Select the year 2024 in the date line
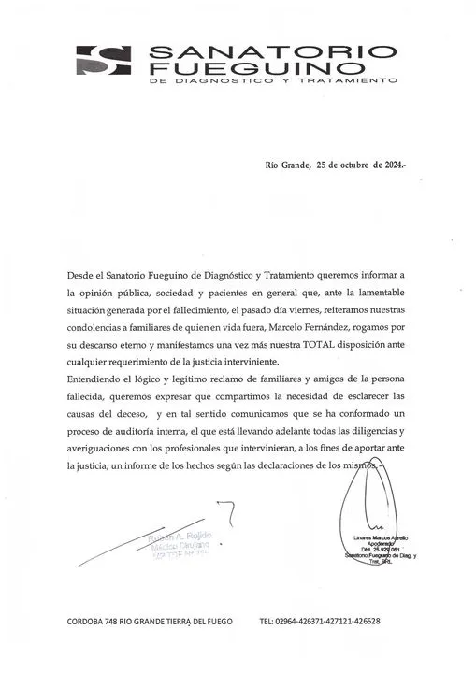pyautogui.click(x=389, y=165)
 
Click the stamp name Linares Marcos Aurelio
pyautogui.click(x=378, y=540)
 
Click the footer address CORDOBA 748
pyautogui.click(x=93, y=622)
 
